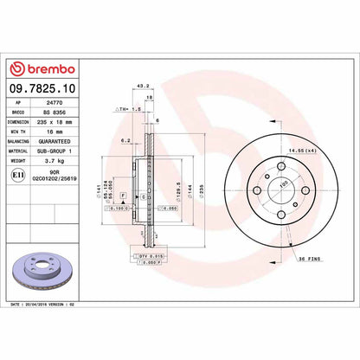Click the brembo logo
(42, 69)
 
